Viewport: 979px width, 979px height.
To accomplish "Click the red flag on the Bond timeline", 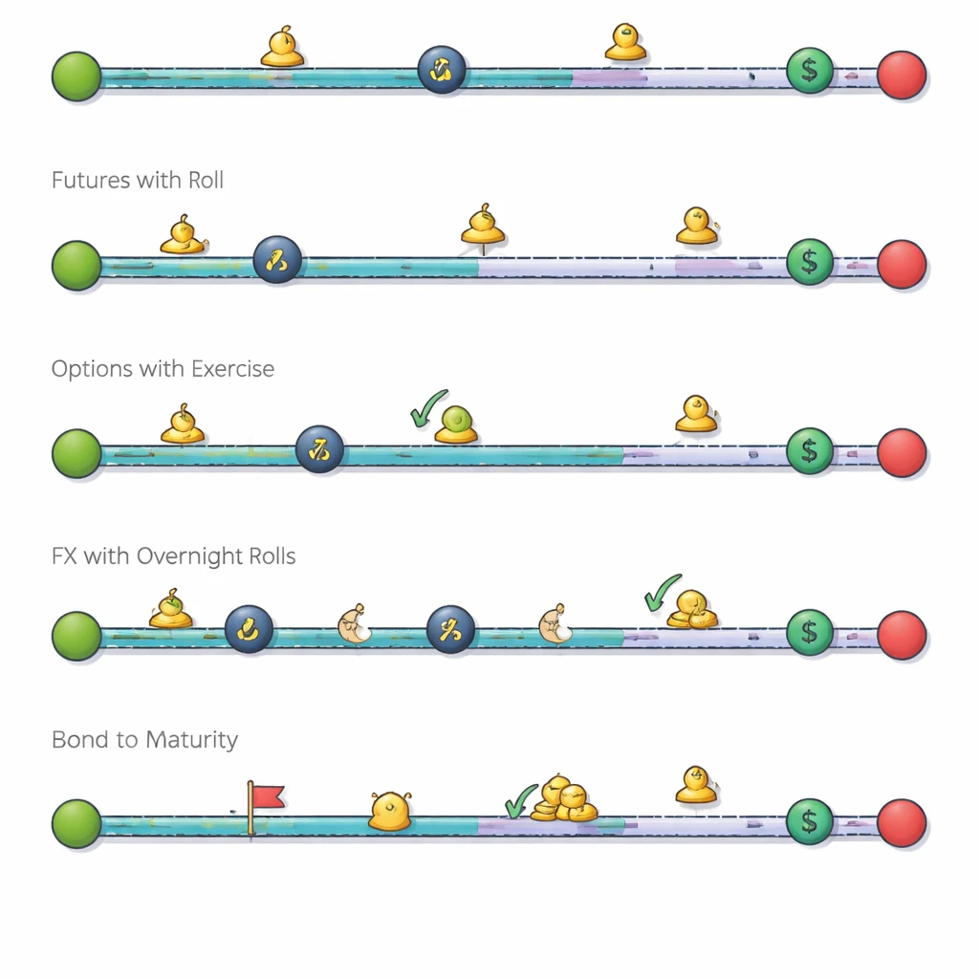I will tap(267, 797).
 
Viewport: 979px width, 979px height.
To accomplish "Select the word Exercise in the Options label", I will tap(232, 369).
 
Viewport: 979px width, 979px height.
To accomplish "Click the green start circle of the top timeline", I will tap(76, 76).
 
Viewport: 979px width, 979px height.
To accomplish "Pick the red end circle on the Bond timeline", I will tap(901, 822).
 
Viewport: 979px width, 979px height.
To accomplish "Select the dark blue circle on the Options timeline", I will tap(319, 449).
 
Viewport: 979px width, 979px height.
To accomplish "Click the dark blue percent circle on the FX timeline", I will tap(450, 630).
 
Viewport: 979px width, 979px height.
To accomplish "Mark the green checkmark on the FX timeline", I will tap(662, 593).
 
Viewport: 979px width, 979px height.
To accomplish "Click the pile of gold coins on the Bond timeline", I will tap(563, 799).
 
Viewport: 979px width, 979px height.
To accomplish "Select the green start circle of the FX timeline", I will tap(76, 635).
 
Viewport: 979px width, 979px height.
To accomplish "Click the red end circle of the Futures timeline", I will tap(901, 265).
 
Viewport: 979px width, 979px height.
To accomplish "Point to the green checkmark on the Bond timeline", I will tap(520, 801).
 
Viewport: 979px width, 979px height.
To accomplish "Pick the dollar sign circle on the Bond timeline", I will tap(810, 821).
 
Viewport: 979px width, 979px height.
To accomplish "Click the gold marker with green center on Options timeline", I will tap(456, 424).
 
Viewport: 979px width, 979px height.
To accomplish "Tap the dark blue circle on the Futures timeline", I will tap(277, 259).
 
